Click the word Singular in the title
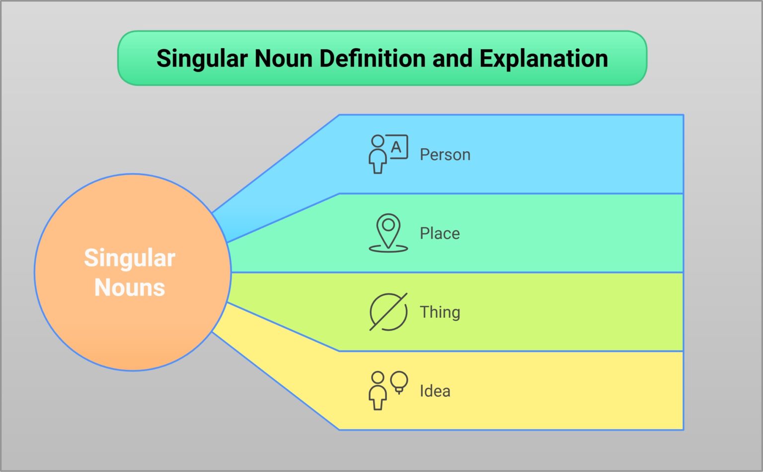[202, 59]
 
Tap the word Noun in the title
[284, 58]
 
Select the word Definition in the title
[373, 58]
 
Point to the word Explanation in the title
[543, 59]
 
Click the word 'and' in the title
[453, 58]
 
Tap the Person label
[445, 155]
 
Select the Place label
[440, 234]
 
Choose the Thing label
[440, 312]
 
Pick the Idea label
[435, 391]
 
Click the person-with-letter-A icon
[388, 154]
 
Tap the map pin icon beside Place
[388, 233]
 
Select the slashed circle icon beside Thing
[388, 312]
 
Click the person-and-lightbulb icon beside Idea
[388, 390]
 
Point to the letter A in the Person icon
[396, 147]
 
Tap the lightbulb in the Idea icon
[399, 382]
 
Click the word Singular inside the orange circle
[130, 259]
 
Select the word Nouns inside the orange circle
[130, 287]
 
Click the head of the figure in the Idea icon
[378, 378]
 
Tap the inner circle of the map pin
[388, 225]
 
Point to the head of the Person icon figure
[378, 141]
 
